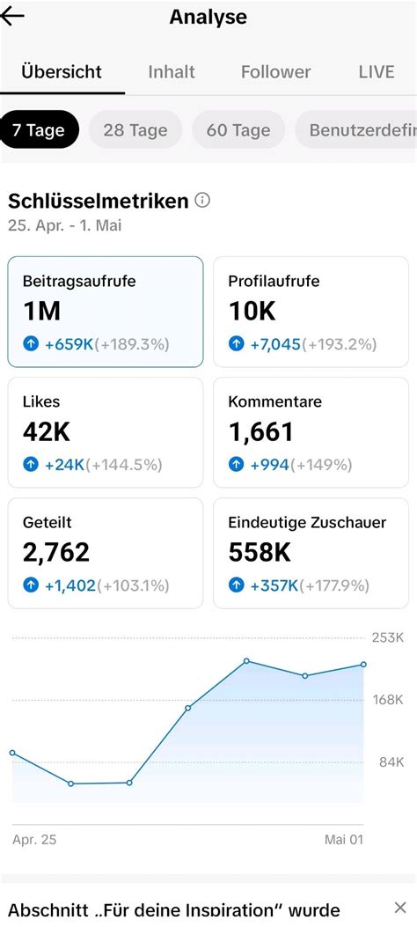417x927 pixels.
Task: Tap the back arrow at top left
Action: (x=13, y=17)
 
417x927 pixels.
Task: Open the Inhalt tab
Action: (x=172, y=72)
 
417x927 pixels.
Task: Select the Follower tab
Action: (x=275, y=72)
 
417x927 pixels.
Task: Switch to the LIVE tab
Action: (x=377, y=72)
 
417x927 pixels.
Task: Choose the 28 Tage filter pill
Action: (x=135, y=130)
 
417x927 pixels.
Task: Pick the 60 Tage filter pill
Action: (x=238, y=130)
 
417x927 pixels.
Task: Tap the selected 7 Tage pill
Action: (x=39, y=130)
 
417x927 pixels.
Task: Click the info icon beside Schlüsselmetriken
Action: (x=202, y=201)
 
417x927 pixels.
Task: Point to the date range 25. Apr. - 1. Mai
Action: (x=65, y=225)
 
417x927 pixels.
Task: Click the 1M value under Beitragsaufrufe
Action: (x=42, y=312)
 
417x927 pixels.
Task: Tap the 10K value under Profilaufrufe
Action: (x=252, y=312)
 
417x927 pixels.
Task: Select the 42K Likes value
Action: (x=47, y=431)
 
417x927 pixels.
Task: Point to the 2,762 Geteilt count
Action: (x=56, y=552)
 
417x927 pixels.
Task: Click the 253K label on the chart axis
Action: (x=388, y=636)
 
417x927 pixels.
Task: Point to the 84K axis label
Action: (x=391, y=761)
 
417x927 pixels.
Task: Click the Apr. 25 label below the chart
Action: (x=34, y=840)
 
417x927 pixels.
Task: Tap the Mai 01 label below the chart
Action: (x=344, y=840)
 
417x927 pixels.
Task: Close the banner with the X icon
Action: (x=398, y=909)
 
